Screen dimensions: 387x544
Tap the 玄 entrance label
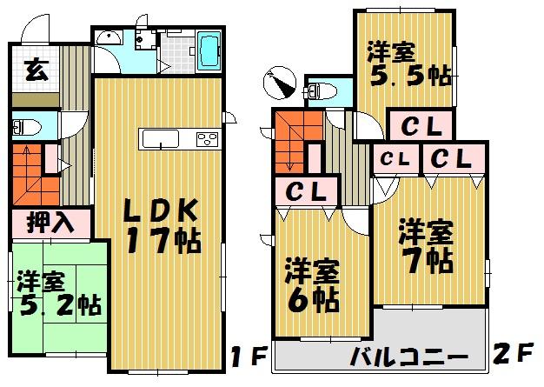(x=35, y=67)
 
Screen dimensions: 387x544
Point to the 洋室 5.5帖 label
(x=407, y=63)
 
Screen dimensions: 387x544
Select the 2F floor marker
(x=514, y=357)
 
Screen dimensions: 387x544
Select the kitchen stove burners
(x=209, y=139)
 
